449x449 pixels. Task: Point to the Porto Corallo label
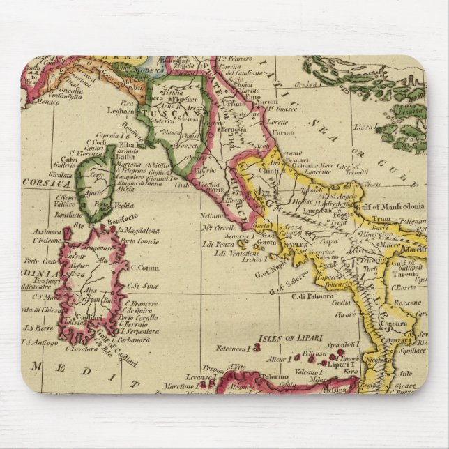(x=142, y=321)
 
